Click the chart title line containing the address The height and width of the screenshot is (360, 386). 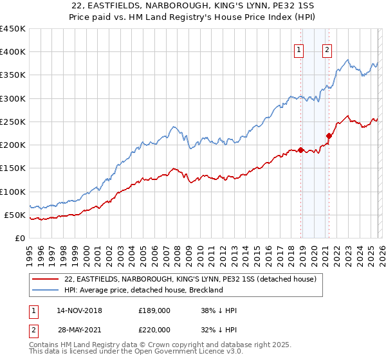click(192, 6)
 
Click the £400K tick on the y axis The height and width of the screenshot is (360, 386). click(13, 52)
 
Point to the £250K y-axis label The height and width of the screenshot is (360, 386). click(13, 122)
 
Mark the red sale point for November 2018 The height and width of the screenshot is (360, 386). click(300, 150)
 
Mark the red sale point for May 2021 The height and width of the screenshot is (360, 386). click(329, 136)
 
